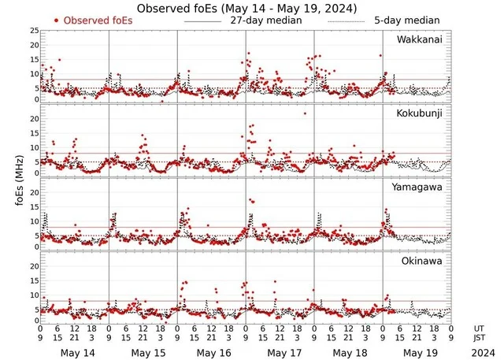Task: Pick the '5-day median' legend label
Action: tap(406, 20)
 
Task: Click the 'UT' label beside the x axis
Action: tap(479, 328)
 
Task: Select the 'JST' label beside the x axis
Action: tap(479, 338)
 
